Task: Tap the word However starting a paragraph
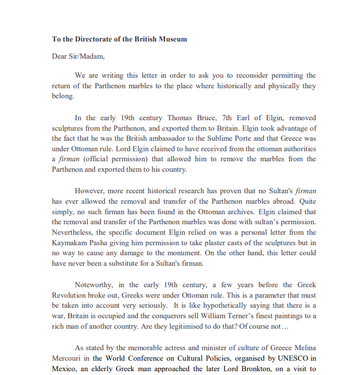[90, 191]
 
